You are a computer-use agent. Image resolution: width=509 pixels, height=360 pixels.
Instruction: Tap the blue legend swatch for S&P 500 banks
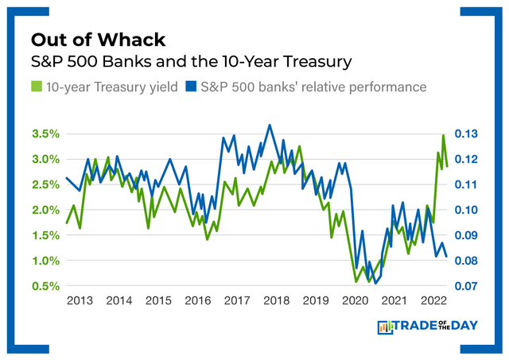[x=190, y=86]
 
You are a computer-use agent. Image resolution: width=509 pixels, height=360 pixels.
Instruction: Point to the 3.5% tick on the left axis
[x=45, y=134]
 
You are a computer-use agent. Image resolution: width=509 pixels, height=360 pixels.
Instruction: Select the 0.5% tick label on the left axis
[x=45, y=286]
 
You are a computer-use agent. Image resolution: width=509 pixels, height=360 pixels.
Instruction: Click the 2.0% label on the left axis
[x=45, y=210]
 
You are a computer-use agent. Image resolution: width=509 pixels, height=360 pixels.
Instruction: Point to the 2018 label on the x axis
[x=276, y=301]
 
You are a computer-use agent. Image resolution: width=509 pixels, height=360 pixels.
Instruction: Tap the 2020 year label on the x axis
[x=355, y=301]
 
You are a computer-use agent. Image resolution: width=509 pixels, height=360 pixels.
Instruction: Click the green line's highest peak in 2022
[x=443, y=136]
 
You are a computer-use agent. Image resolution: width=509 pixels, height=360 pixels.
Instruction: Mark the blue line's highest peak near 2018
[x=270, y=125]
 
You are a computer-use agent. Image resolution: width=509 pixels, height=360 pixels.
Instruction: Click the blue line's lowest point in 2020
[x=375, y=282]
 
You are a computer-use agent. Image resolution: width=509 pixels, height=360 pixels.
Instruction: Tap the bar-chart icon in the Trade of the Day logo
[x=386, y=327]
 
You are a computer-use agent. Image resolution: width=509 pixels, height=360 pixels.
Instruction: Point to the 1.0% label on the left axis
[x=45, y=261]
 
